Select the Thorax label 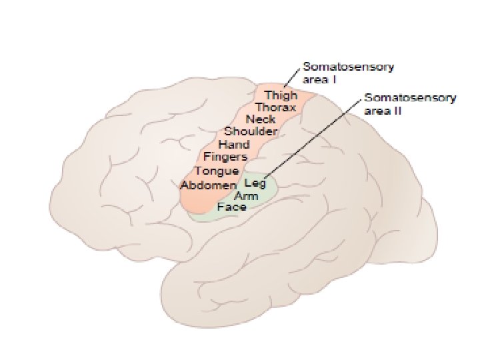click(275, 107)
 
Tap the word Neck click(261, 119)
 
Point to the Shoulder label click(250, 132)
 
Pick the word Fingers click(225, 157)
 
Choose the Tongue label click(216, 171)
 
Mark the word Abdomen click(208, 185)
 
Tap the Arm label click(247, 196)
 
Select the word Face click(231, 207)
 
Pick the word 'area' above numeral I click(315, 80)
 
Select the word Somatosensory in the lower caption click(410, 98)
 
